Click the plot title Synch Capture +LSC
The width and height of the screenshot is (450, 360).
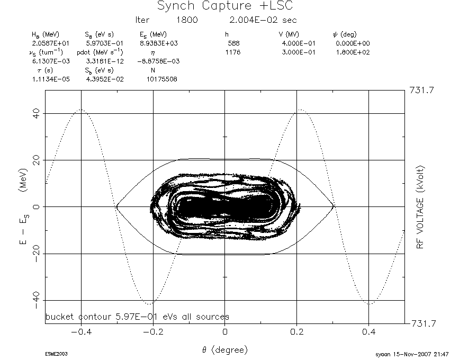[225, 6]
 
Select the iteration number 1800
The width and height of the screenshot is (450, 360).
[187, 20]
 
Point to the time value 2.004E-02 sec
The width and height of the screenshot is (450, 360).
[263, 20]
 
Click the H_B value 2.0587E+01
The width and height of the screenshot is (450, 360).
[50, 43]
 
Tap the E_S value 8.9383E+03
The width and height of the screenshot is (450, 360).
[159, 43]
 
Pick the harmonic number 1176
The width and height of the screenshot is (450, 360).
[233, 52]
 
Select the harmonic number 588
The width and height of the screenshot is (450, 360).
[233, 43]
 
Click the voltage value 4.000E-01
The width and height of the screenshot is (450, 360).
[299, 43]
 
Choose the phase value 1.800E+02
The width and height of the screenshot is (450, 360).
[353, 52]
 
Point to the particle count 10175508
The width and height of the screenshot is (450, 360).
[162, 79]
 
